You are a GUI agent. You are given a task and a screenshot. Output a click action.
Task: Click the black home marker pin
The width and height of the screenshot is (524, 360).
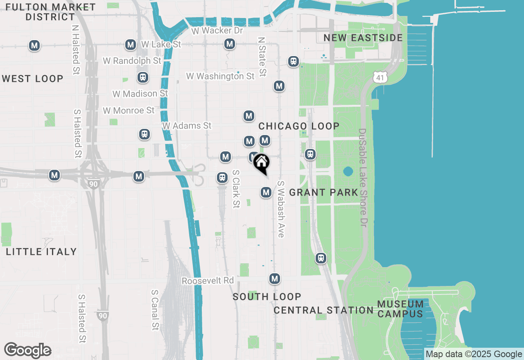click(261, 163)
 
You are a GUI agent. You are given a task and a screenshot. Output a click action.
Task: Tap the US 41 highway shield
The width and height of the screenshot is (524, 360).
click(380, 76)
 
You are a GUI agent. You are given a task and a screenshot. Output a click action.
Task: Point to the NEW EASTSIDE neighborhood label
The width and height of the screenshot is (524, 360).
click(363, 38)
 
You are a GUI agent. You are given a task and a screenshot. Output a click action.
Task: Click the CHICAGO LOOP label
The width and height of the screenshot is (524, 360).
click(299, 126)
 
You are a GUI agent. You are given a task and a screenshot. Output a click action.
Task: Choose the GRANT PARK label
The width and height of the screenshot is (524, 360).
click(323, 192)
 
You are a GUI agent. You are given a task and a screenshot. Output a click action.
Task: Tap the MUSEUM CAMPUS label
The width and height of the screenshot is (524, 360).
click(400, 309)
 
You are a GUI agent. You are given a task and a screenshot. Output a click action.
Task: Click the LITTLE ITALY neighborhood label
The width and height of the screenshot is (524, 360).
click(41, 252)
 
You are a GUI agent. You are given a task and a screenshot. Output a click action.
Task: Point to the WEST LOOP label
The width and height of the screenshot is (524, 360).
click(32, 79)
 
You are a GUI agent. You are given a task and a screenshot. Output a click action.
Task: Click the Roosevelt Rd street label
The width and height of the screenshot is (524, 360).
click(208, 281)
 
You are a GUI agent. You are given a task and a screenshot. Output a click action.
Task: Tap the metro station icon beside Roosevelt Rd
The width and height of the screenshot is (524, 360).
click(274, 279)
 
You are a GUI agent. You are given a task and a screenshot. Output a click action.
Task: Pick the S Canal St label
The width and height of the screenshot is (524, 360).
click(155, 310)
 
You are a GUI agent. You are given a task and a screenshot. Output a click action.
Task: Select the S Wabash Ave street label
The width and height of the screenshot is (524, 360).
click(281, 209)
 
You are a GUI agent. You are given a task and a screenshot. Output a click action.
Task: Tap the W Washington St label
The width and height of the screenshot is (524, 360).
click(220, 76)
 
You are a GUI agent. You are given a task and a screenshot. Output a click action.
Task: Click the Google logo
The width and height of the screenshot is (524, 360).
click(27, 351)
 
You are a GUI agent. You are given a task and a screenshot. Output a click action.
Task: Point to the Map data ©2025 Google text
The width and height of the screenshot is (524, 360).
click(474, 354)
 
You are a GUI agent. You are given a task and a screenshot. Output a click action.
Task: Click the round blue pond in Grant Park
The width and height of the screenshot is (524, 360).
click(348, 171)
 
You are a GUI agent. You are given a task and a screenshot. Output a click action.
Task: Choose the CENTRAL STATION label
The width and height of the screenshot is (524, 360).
click(323, 310)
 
